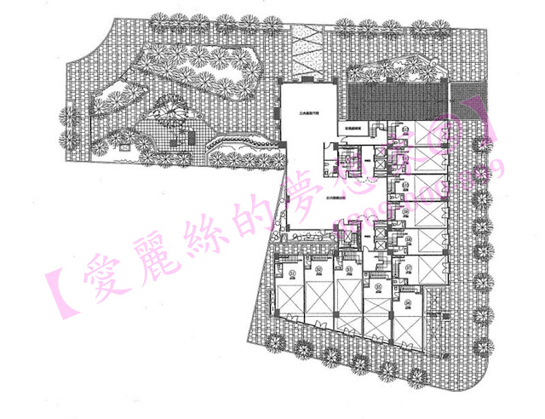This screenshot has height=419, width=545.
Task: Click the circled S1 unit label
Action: click(x=292, y=272)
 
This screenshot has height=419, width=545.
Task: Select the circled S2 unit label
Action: click(x=318, y=272)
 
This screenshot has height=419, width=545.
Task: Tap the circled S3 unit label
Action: click(x=348, y=272)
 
